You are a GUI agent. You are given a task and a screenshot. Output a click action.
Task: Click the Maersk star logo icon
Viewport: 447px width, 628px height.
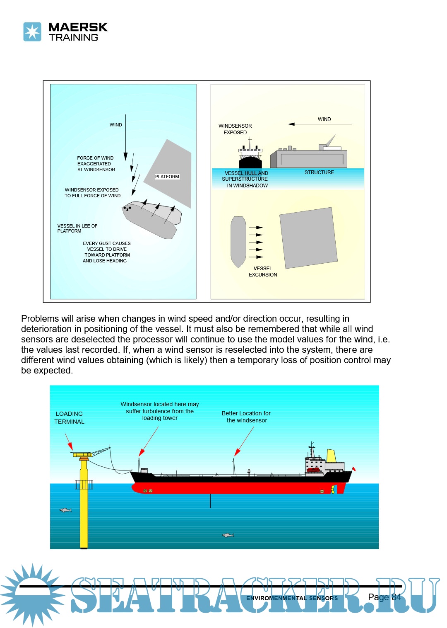tap(32, 32)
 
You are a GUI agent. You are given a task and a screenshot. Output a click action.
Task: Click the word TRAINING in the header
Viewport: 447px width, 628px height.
tap(74, 37)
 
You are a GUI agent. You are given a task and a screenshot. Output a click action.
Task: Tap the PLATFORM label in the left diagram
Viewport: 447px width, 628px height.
tap(167, 177)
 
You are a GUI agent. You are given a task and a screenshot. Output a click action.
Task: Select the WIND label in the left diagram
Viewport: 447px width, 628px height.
tap(116, 125)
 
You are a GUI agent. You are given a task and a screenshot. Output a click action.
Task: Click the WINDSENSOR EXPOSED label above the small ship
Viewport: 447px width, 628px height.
tap(235, 129)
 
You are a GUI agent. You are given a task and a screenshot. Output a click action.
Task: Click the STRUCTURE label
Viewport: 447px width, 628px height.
tap(319, 172)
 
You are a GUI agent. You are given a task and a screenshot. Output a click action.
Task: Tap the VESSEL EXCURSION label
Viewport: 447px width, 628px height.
tap(263, 272)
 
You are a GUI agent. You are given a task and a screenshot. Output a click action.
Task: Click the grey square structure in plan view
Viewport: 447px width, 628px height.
tap(308, 238)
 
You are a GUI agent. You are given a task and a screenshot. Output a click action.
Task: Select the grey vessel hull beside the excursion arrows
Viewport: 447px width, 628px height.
tap(238, 241)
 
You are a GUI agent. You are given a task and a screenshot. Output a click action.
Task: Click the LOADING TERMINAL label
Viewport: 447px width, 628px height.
tap(69, 417)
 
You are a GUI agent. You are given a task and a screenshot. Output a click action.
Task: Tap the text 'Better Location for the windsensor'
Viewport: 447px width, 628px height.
tap(246, 417)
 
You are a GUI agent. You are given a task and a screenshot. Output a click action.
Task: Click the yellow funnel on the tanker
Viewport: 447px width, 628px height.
tap(331, 456)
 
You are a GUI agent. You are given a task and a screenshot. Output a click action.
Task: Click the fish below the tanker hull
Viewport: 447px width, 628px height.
tap(228, 535)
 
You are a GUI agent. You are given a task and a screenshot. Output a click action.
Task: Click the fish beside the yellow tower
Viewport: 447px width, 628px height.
tap(65, 510)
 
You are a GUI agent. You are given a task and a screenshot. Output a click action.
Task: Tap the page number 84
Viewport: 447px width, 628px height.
tap(396, 597)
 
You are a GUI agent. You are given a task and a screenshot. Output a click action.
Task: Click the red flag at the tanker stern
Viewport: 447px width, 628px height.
tap(353, 469)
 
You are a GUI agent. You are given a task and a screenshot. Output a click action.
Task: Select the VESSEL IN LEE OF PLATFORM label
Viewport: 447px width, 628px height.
tap(77, 228)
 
